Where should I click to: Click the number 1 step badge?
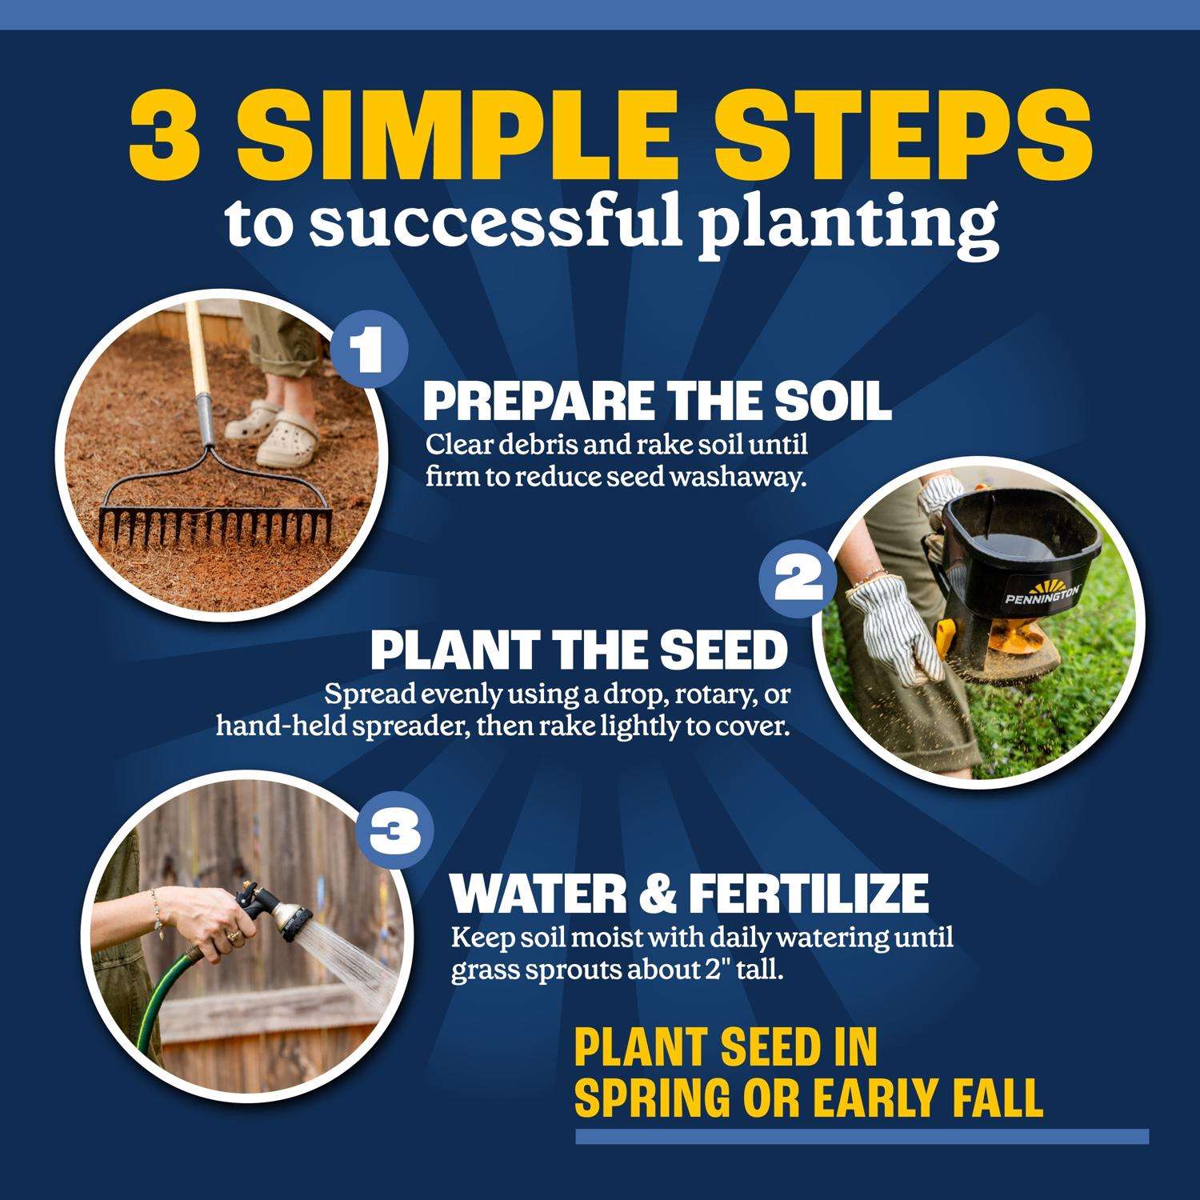click(x=370, y=353)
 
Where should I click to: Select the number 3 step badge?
click(x=394, y=836)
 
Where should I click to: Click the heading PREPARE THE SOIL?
click(x=657, y=402)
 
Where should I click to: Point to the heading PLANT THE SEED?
click(x=578, y=651)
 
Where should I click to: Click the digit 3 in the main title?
click(x=165, y=130)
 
